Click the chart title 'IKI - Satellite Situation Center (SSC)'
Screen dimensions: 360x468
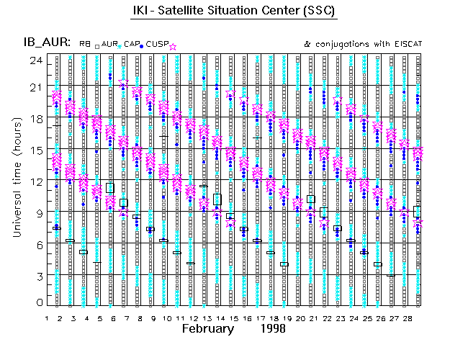235,12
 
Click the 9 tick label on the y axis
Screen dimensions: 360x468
35,212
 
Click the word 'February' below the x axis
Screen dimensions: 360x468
208,328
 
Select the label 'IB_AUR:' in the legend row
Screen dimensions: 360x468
50,44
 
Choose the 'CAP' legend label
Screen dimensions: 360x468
131,45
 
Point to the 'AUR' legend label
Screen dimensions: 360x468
109,45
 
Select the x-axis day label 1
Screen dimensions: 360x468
47,317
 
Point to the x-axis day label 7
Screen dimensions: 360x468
126,317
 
